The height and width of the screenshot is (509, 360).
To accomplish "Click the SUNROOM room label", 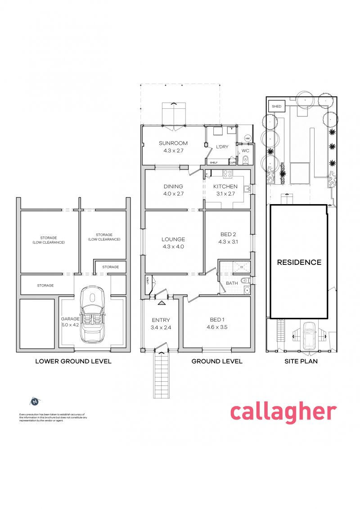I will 173,143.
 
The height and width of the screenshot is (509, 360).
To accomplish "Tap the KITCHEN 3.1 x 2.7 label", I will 225,190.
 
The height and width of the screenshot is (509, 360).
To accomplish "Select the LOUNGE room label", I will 173,240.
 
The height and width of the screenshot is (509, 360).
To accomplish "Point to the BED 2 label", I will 228,234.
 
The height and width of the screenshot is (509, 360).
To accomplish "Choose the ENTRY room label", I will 161,320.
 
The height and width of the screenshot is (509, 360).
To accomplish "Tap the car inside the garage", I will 92,314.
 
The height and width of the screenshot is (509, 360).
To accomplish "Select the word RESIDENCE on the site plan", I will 299,262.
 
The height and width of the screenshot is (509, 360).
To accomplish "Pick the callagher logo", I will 283,412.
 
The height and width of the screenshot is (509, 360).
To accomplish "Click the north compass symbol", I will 36,401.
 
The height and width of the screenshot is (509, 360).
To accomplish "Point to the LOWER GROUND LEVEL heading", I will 73,361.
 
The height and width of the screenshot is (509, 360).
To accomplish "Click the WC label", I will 246,151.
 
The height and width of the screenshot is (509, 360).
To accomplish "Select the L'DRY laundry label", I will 222,147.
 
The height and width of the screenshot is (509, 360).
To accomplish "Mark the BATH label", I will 232,283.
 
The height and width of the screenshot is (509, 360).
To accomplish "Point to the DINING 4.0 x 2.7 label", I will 173,190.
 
